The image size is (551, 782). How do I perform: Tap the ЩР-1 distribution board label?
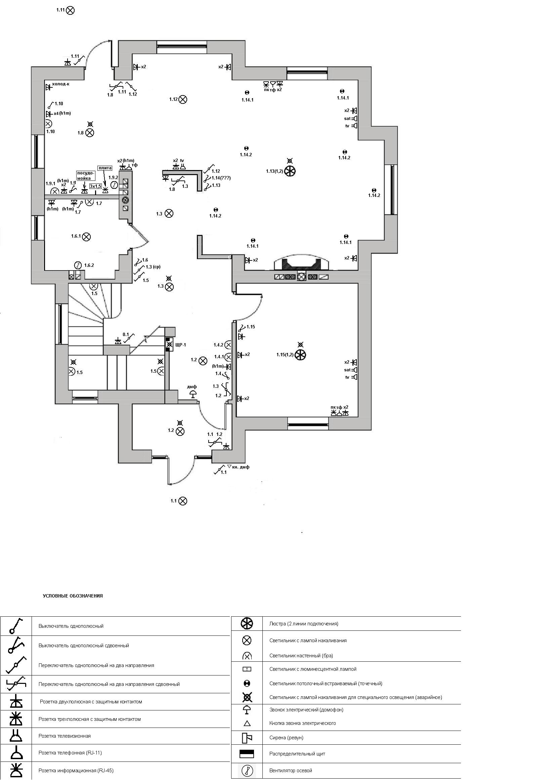(180, 345)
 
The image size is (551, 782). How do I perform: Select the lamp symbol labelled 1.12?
(183, 99)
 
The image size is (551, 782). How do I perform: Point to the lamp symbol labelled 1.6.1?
(86, 236)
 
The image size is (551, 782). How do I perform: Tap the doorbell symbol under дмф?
(193, 395)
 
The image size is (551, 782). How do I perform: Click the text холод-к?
(60, 84)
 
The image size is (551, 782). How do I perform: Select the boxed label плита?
(105, 168)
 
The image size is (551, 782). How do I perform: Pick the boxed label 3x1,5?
(95, 186)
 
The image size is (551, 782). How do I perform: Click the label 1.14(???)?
(221, 178)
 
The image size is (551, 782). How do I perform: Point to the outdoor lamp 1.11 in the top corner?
(70, 10)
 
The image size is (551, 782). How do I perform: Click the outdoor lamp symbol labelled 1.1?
(183, 501)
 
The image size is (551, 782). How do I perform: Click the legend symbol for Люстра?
(247, 624)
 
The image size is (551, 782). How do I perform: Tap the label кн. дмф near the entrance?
(241, 467)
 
